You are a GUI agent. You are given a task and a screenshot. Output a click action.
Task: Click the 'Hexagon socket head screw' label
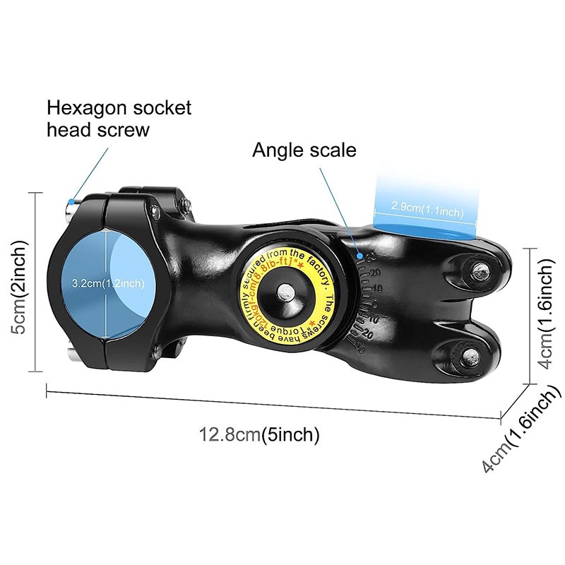click(x=119, y=119)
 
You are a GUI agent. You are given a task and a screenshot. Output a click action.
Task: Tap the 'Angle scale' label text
click(x=304, y=150)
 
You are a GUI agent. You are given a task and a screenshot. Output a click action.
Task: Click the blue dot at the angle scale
click(x=360, y=254)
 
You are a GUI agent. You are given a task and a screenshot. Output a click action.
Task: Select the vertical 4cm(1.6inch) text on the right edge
click(x=545, y=311)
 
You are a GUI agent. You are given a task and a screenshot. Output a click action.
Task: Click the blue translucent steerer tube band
click(x=424, y=205)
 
